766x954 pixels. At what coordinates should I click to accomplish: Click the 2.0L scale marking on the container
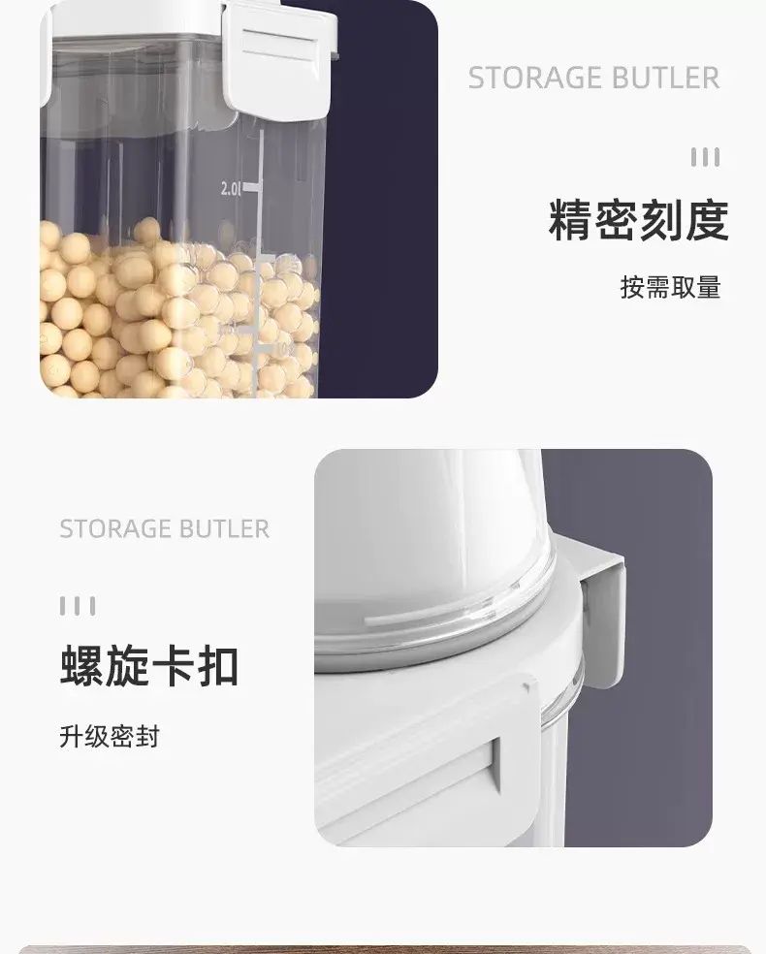click(231, 189)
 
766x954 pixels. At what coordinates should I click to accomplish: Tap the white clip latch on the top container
click(279, 60)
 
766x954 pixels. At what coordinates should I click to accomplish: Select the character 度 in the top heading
click(708, 220)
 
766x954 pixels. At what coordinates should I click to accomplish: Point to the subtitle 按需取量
click(670, 287)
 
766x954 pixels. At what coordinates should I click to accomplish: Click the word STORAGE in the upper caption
click(535, 78)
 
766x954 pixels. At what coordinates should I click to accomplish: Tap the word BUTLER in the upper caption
click(665, 78)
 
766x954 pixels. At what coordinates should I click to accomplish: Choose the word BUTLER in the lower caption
click(225, 528)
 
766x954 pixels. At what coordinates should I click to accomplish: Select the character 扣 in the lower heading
click(218, 666)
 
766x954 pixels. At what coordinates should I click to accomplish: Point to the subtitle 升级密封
click(110, 736)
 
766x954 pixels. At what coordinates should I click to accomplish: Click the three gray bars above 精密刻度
click(705, 157)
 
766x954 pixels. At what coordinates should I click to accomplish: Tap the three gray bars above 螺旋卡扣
click(78, 606)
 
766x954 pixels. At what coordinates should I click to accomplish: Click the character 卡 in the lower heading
click(173, 666)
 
